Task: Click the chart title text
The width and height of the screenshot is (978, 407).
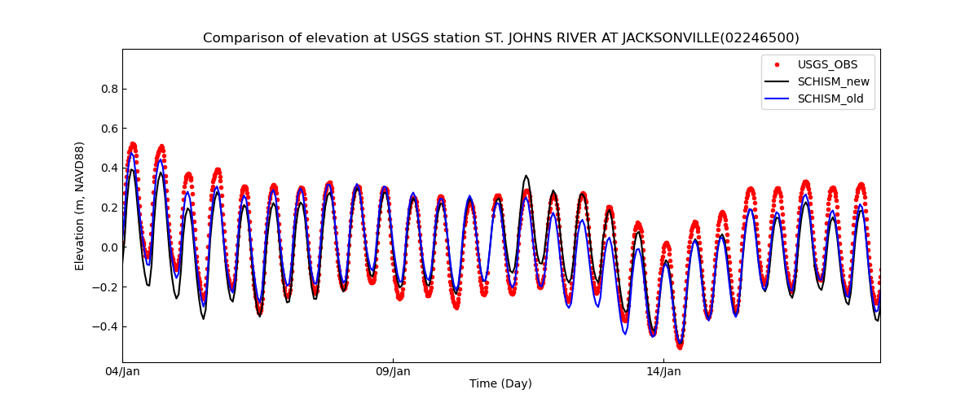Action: [x=500, y=38]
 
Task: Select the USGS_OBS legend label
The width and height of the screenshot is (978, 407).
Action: [x=827, y=64]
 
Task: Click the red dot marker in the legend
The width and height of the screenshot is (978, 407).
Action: [x=777, y=64]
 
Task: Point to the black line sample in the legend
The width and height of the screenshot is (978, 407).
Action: [x=777, y=81]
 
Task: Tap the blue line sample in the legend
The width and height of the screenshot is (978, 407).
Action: [x=777, y=99]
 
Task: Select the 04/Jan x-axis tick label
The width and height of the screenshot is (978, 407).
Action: [x=123, y=372]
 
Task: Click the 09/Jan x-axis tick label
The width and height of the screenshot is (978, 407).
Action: [x=393, y=372]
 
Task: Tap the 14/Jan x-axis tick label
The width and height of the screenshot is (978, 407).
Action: [x=663, y=372]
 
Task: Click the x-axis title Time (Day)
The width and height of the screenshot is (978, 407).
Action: [x=500, y=384]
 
